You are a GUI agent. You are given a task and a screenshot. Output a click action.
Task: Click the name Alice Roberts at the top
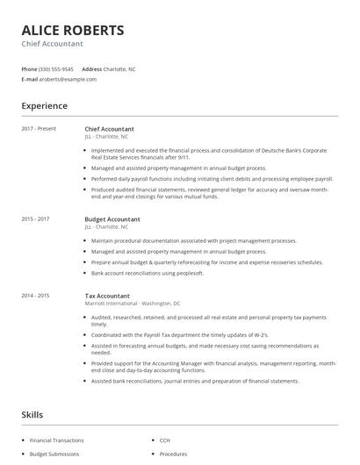pyautogui.click(x=73, y=31)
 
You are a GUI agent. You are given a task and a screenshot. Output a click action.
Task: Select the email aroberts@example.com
pyautogui.click(x=68, y=79)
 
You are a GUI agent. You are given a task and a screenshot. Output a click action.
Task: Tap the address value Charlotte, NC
pyautogui.click(x=120, y=68)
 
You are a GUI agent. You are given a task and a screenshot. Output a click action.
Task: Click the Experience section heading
pyautogui.click(x=44, y=106)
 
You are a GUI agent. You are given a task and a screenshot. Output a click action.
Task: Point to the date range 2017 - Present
pyautogui.click(x=39, y=129)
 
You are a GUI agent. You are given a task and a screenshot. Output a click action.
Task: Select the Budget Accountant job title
pyautogui.click(x=112, y=218)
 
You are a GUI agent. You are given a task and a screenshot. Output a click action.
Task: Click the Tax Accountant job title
pyautogui.click(x=107, y=296)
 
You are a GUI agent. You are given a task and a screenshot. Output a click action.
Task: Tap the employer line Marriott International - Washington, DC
pyautogui.click(x=133, y=304)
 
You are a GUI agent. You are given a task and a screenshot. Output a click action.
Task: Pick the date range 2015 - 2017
pyautogui.click(x=35, y=218)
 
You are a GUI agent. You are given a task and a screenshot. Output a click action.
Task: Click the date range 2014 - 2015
pyautogui.click(x=35, y=296)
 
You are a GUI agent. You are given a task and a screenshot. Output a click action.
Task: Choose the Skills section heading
pyautogui.click(x=32, y=414)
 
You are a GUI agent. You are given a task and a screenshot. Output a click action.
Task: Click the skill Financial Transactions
pyautogui.click(x=57, y=440)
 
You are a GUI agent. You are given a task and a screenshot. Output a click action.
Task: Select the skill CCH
pyautogui.click(x=164, y=440)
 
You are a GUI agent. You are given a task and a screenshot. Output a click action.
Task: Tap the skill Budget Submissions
pyautogui.click(x=54, y=454)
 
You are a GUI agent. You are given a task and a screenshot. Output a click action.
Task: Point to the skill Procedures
pyautogui.click(x=173, y=454)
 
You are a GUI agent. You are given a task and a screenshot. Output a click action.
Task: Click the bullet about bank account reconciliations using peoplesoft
pyautogui.click(x=147, y=272)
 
